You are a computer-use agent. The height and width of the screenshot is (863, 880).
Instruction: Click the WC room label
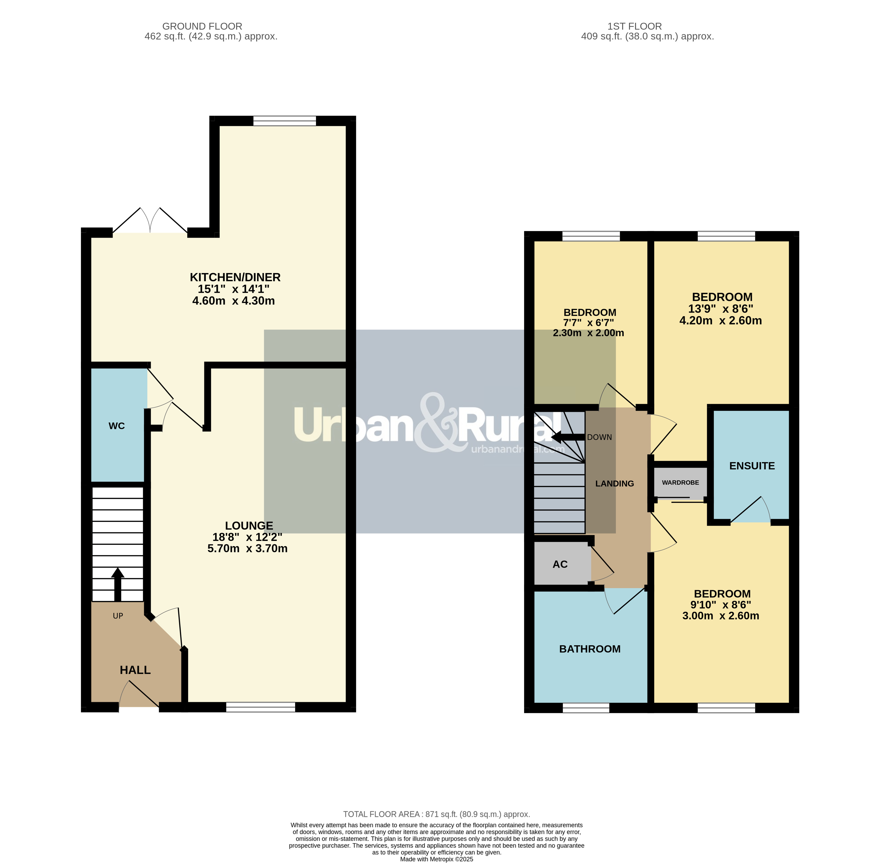click(117, 426)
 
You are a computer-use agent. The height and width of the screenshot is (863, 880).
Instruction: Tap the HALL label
click(135, 670)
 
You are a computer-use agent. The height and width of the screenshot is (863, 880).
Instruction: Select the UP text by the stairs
click(118, 615)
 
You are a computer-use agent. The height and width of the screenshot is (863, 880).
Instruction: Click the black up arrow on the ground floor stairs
click(118, 584)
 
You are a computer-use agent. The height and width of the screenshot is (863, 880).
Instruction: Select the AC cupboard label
click(560, 564)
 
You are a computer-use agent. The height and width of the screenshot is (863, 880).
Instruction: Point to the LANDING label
click(615, 484)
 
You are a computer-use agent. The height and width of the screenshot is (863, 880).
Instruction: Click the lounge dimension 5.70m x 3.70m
click(247, 548)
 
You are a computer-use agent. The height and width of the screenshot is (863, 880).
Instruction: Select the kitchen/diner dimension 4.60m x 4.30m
click(233, 300)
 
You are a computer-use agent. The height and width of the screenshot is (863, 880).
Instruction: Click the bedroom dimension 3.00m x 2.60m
click(720, 615)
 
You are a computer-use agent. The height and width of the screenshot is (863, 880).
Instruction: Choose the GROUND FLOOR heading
click(202, 26)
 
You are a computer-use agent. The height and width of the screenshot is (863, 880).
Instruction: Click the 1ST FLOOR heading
click(634, 26)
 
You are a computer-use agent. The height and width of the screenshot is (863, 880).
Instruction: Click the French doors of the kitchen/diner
click(150, 221)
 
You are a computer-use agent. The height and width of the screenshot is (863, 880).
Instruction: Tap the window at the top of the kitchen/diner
click(285, 121)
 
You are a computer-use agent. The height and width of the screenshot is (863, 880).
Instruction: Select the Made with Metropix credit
click(436, 859)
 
